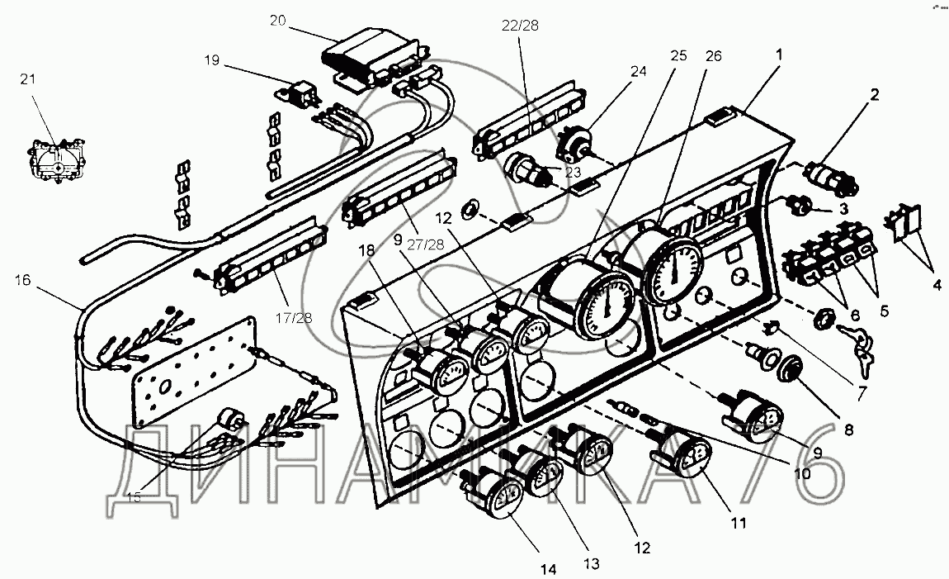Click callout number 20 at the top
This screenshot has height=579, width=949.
[277, 21]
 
